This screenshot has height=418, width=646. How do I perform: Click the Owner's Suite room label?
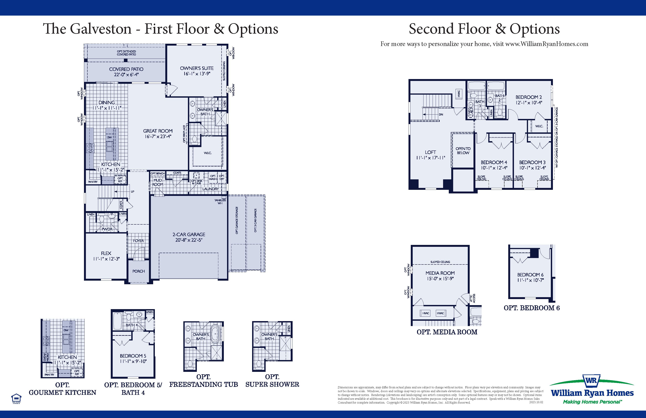[x=197, y=68]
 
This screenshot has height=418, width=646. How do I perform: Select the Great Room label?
[x=158, y=131]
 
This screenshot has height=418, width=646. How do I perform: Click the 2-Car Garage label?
[x=189, y=234]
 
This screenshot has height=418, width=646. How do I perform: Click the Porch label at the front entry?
[x=139, y=271]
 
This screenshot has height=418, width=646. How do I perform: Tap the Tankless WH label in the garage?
[x=220, y=202]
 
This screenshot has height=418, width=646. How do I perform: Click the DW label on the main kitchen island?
[x=109, y=137]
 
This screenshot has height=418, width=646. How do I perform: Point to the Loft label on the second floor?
[x=431, y=152]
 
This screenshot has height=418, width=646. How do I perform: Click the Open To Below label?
[x=463, y=151]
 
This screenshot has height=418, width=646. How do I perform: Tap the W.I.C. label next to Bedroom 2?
[x=539, y=126]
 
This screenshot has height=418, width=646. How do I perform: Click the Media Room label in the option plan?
[x=440, y=273]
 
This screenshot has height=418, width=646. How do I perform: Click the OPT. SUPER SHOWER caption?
[x=272, y=381]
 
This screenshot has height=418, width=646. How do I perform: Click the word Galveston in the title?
[x=101, y=29]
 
